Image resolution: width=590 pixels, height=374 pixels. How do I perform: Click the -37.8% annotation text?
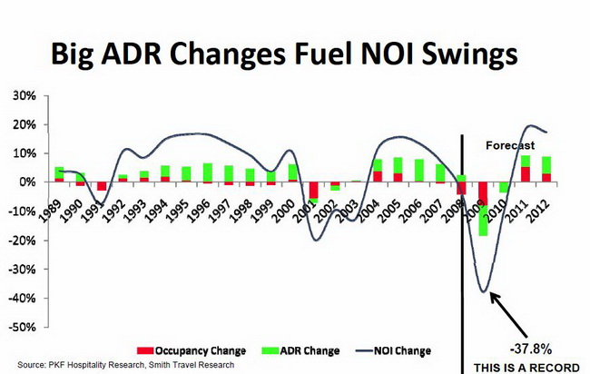tap(533, 348)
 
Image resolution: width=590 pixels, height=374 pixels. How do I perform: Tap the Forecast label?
tap(510, 145)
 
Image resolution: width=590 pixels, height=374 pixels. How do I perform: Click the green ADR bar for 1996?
tap(208, 172)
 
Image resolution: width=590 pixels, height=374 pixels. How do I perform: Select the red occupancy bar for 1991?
tap(102, 186)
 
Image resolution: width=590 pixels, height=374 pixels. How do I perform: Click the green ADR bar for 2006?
tap(419, 171)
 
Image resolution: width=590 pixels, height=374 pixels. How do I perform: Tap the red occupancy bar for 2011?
tap(526, 174)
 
